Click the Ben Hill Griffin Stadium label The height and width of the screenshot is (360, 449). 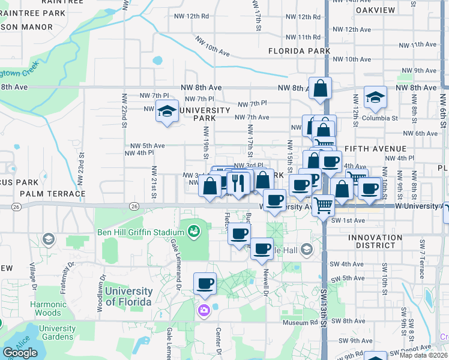point(140,232)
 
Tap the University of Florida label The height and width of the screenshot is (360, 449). point(128,296)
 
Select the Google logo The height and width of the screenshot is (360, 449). point(20,353)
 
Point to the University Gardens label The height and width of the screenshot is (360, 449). point(58,333)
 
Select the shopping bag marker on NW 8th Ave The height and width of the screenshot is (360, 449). point(321,88)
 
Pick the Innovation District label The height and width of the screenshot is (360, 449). point(375,242)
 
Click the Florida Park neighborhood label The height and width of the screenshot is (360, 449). point(299,51)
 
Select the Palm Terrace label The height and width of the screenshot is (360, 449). point(53,194)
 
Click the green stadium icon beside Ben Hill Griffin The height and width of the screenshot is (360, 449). point(193,230)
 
